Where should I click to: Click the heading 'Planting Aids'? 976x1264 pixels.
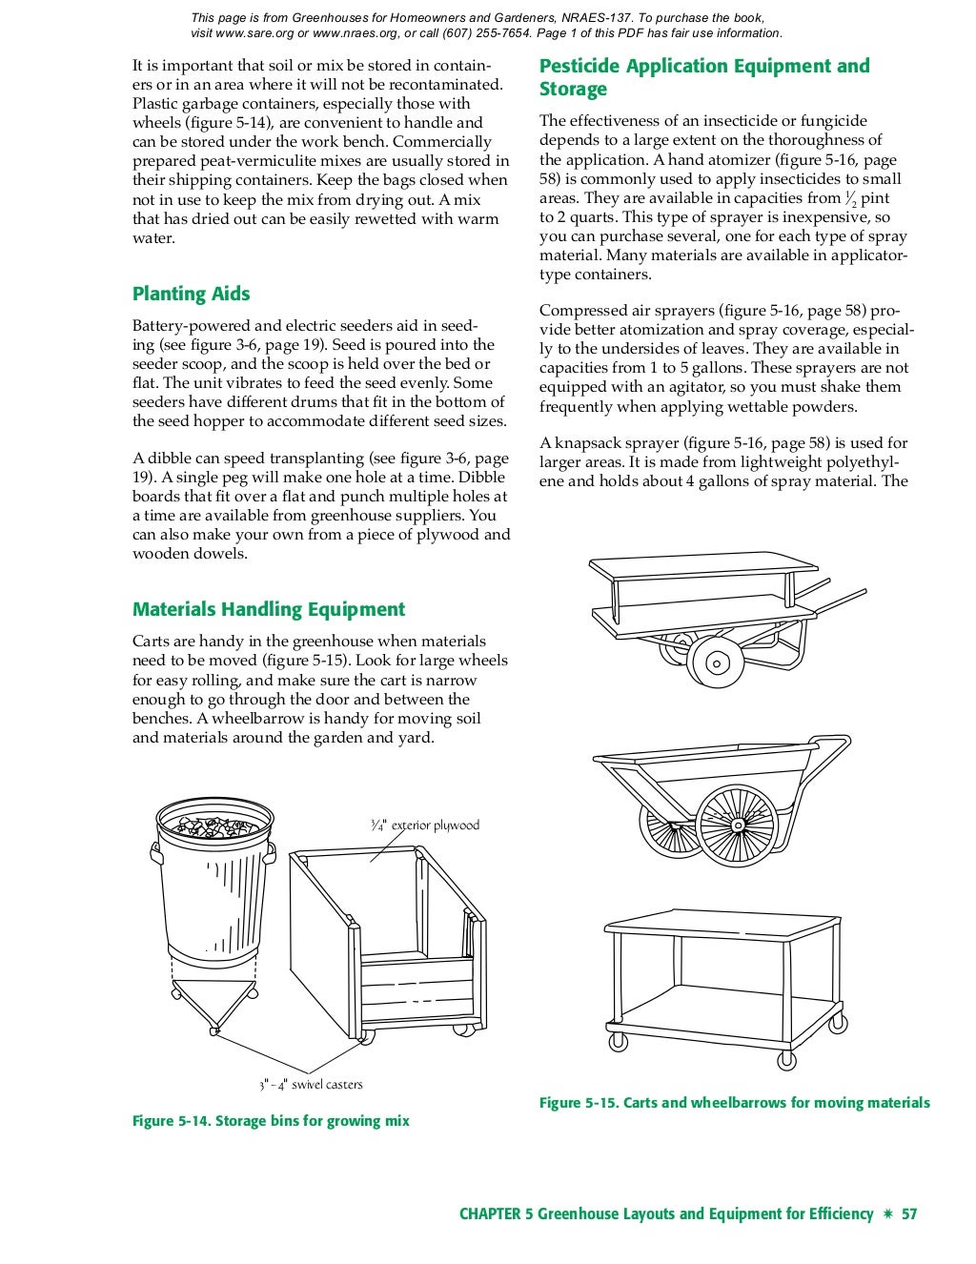[x=191, y=294]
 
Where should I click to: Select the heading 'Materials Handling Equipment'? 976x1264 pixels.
[x=268, y=609]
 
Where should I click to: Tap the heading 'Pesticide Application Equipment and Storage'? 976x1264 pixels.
[x=703, y=77]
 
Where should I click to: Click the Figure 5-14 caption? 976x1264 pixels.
[x=270, y=1121]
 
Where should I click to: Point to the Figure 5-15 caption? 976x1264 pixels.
[x=734, y=1103]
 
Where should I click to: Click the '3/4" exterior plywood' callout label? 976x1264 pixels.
[x=425, y=826]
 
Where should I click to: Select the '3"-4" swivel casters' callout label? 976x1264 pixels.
[x=311, y=1085]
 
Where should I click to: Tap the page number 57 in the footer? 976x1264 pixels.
[x=909, y=1213]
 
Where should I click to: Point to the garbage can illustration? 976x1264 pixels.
[x=213, y=887]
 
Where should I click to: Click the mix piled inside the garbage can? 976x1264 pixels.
[x=213, y=826]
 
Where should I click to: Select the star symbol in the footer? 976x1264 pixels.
[x=887, y=1213]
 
